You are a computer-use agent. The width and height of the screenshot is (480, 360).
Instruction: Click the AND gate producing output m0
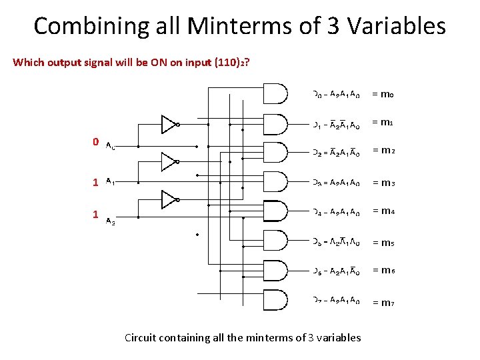click(x=275, y=94)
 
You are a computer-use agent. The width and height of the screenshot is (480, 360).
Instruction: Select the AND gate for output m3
click(x=275, y=182)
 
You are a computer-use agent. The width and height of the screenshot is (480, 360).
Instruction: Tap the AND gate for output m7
click(x=275, y=299)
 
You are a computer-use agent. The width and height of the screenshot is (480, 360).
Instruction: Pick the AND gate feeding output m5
click(x=275, y=241)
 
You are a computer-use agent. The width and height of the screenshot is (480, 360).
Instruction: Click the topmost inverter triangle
click(x=169, y=124)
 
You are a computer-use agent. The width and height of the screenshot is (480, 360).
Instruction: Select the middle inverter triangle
click(x=169, y=161)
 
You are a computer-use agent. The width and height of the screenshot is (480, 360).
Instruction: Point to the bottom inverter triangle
click(x=169, y=199)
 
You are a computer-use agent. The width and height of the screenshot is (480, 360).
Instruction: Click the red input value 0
click(x=96, y=142)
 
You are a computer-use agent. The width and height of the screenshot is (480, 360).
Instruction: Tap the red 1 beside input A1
click(x=96, y=181)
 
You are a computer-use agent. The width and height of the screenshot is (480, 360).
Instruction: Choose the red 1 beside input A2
click(x=96, y=215)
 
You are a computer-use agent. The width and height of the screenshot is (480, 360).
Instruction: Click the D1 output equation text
click(x=337, y=124)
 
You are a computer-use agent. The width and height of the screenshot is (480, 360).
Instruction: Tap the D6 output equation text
click(x=337, y=271)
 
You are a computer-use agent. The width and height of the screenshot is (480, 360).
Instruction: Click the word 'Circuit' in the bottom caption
click(x=140, y=337)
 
